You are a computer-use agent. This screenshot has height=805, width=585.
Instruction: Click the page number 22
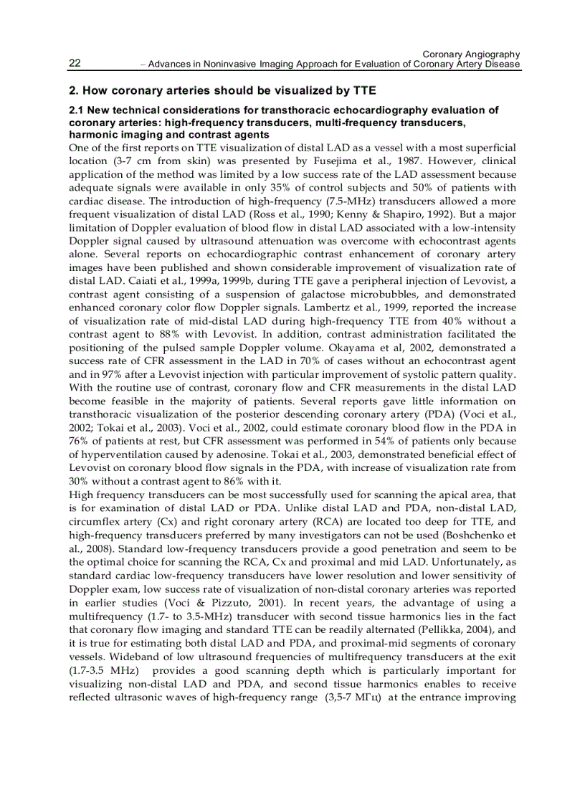pos(74,64)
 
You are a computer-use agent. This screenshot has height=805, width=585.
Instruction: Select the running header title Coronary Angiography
pos(471,54)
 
